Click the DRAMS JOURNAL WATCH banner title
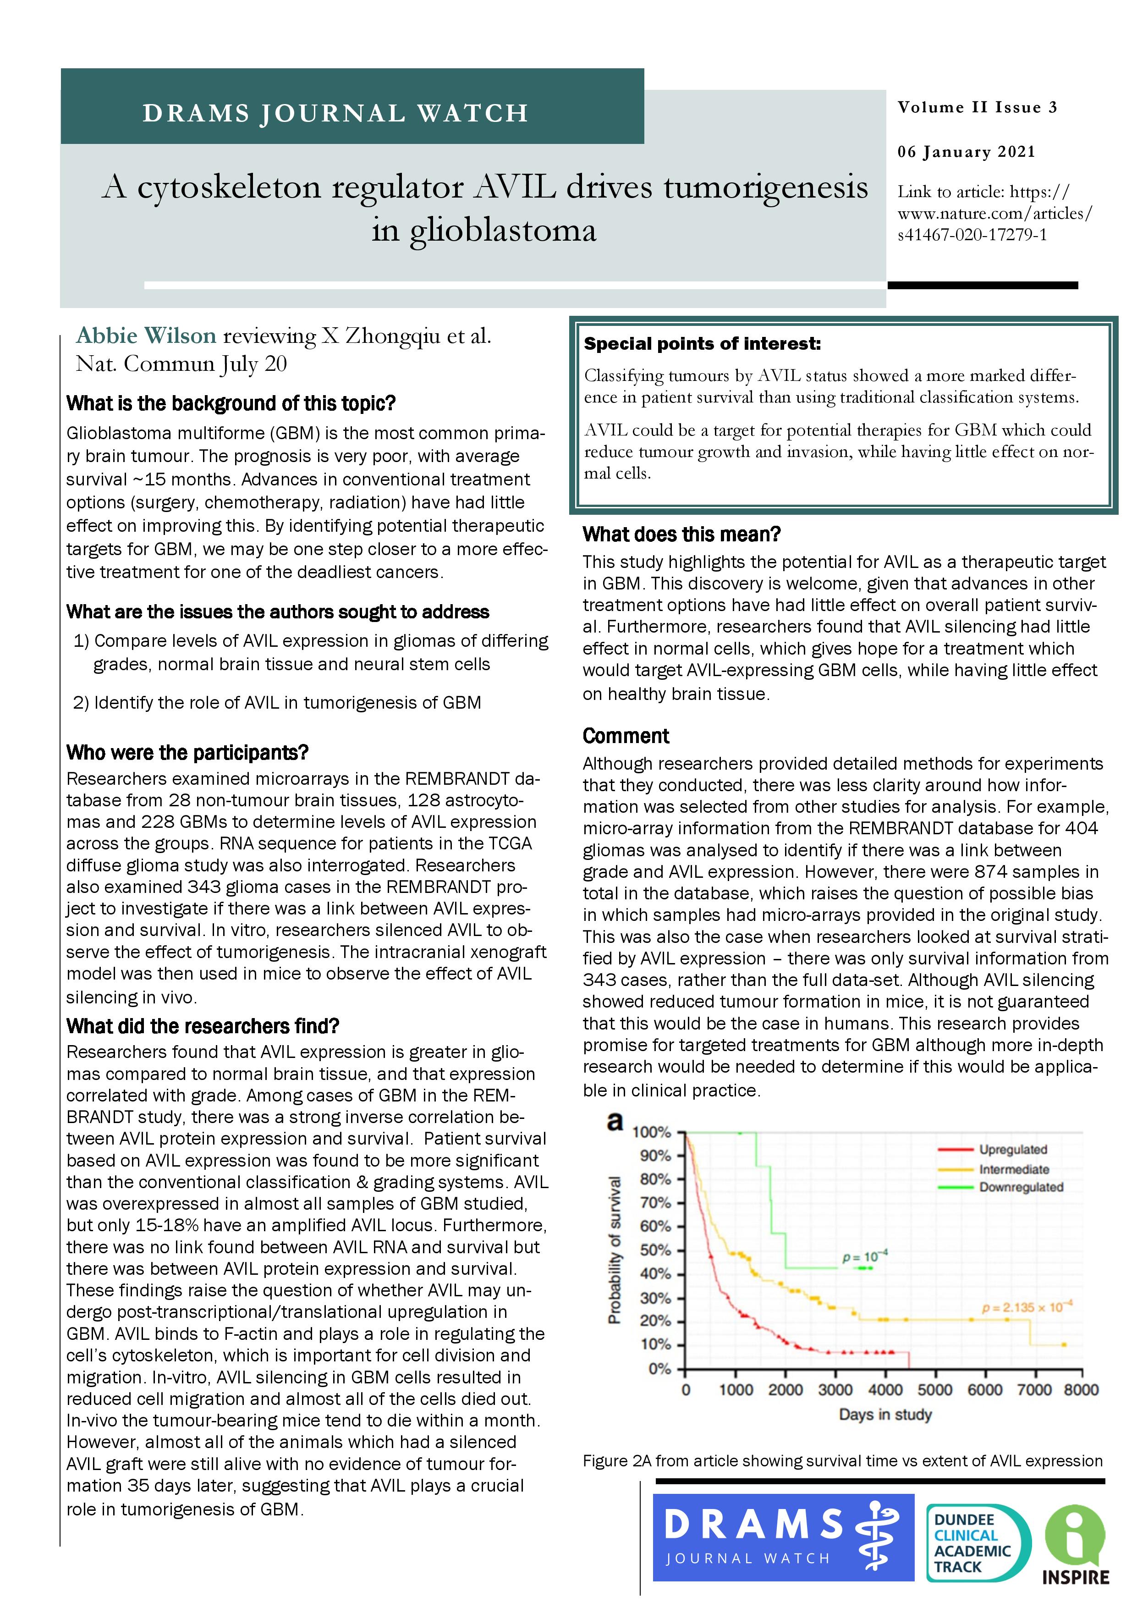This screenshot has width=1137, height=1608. [x=335, y=113]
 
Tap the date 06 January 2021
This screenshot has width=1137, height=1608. [x=966, y=152]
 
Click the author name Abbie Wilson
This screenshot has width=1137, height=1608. [x=146, y=336]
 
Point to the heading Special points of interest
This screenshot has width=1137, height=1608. [x=702, y=344]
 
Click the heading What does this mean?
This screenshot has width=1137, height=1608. [x=681, y=534]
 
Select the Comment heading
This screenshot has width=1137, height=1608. [x=626, y=736]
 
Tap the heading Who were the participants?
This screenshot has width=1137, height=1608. [x=187, y=752]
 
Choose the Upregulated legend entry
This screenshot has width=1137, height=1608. [x=1012, y=1149]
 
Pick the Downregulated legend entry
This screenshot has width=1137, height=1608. [x=1021, y=1187]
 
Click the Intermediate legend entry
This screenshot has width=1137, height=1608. [x=1014, y=1169]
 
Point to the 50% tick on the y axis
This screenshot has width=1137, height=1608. [x=655, y=1250]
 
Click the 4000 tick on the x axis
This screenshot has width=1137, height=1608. [x=885, y=1389]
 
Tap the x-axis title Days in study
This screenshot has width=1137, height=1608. [x=885, y=1415]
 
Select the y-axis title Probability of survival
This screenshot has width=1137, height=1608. [x=615, y=1250]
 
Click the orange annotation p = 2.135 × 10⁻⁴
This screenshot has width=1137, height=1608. [x=1027, y=1308]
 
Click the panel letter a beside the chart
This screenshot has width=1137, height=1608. [x=615, y=1121]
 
